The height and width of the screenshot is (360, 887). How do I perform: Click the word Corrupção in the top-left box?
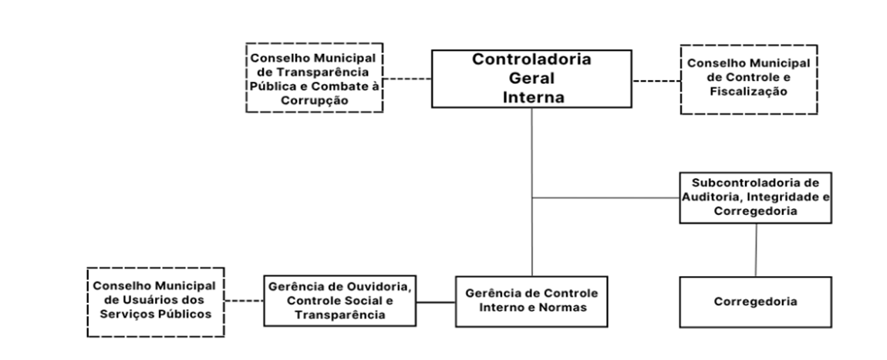click(x=314, y=100)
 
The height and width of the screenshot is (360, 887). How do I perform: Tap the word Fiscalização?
click(x=748, y=92)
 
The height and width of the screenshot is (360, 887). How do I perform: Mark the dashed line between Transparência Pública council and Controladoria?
click(x=407, y=79)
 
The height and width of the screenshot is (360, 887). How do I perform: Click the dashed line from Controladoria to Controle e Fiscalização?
click(x=656, y=81)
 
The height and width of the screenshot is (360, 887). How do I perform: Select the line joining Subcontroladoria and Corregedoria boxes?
click(x=756, y=250)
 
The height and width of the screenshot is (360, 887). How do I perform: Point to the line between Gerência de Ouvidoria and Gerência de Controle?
click(x=436, y=302)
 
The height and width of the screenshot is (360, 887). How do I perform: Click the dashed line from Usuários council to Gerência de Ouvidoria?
click(x=244, y=301)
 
